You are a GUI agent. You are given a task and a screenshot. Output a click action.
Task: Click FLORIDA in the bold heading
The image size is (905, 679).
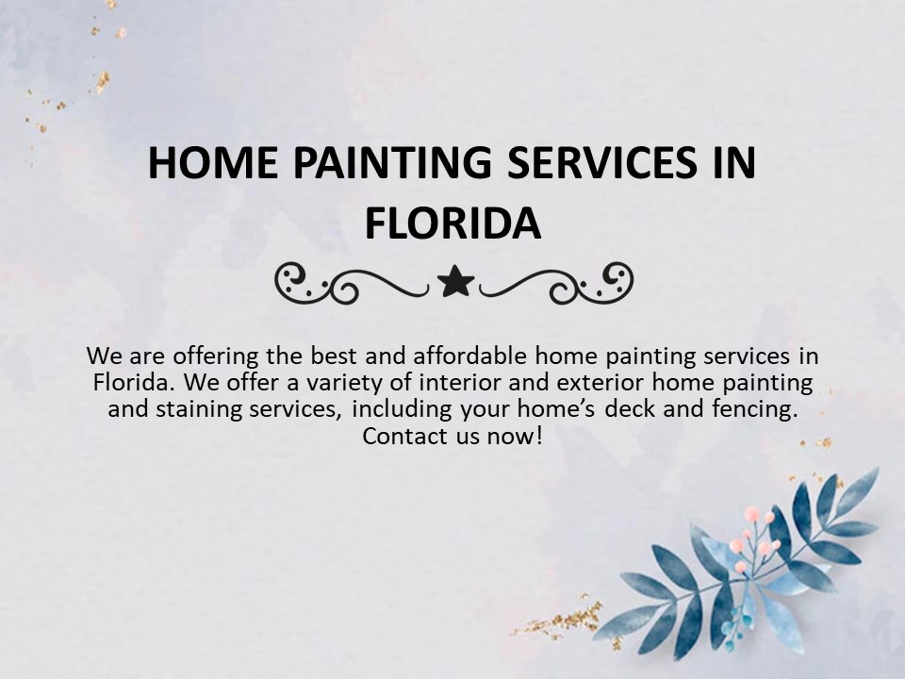(x=452, y=224)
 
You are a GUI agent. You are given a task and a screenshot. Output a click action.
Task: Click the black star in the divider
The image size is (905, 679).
(x=456, y=282)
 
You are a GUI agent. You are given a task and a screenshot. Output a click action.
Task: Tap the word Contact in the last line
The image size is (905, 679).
(x=401, y=437)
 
